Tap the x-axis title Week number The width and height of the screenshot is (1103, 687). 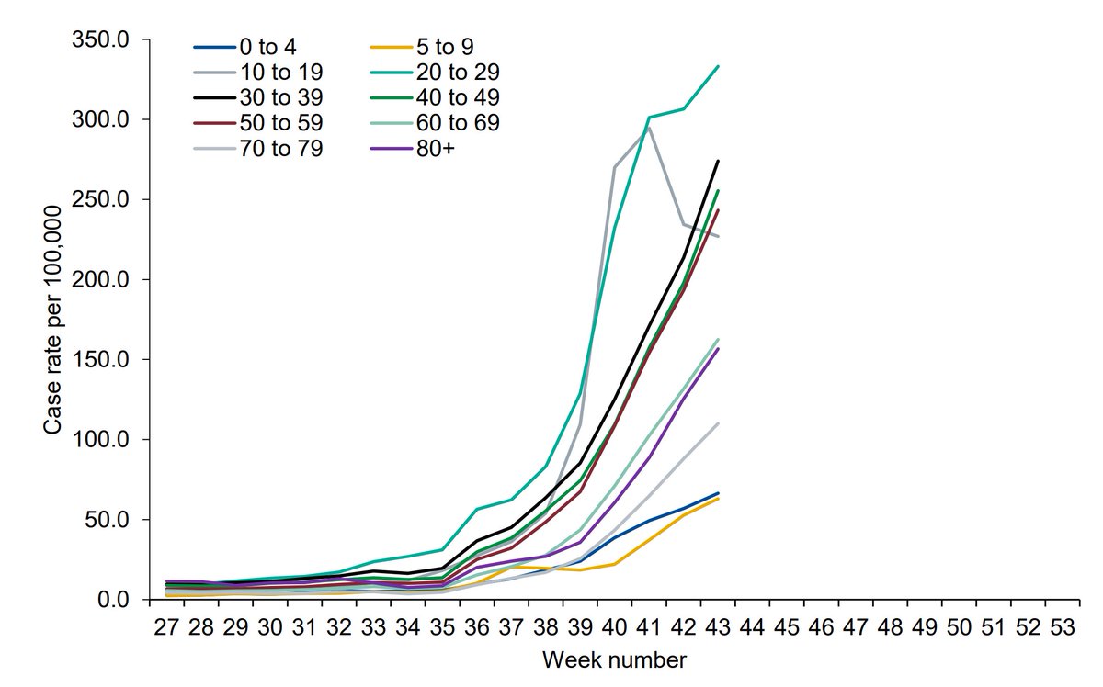(613, 660)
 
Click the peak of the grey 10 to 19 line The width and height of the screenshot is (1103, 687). (649, 127)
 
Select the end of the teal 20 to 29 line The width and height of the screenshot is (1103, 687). (718, 66)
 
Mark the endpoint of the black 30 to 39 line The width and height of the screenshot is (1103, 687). (718, 161)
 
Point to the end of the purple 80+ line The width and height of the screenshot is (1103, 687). (718, 348)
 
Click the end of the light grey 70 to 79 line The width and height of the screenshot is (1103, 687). (718, 423)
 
